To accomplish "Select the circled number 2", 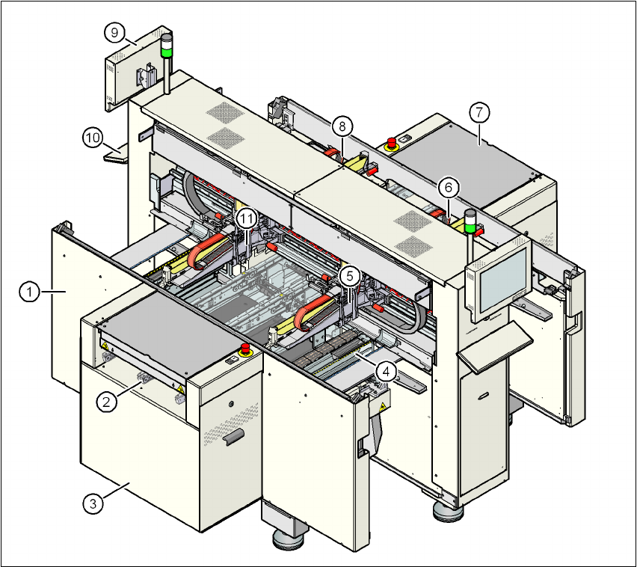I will click(x=107, y=401).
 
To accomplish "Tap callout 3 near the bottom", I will click(x=93, y=503).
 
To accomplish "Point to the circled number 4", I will click(x=386, y=370).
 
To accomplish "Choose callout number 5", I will click(x=348, y=275).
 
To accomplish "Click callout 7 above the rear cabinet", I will click(x=479, y=113).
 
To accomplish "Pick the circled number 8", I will click(x=342, y=124).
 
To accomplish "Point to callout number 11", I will click(x=247, y=218).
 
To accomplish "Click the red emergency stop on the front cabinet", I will click(x=245, y=350).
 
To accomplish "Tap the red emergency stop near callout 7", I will click(x=390, y=144).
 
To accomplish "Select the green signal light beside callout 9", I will click(x=167, y=53).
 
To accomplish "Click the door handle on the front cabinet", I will click(x=233, y=436).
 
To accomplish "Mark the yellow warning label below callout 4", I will click(x=382, y=408).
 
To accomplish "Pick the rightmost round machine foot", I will click(x=446, y=512).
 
